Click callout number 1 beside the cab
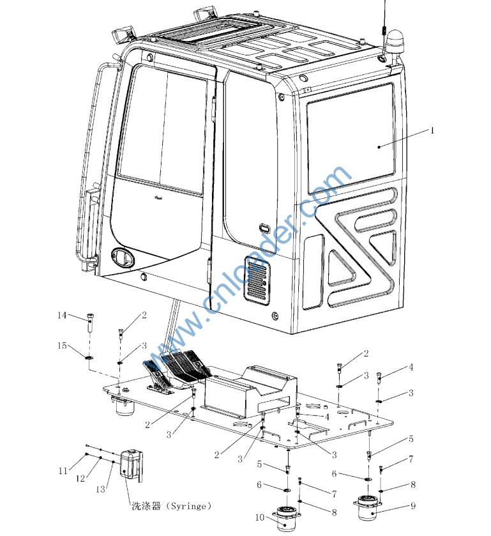[432, 130]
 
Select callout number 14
[62, 315]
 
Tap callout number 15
[62, 346]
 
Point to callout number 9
[413, 506]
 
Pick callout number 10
[261, 517]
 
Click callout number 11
[63, 471]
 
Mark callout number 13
[100, 489]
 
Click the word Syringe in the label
[189, 506]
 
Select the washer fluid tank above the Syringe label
[132, 465]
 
